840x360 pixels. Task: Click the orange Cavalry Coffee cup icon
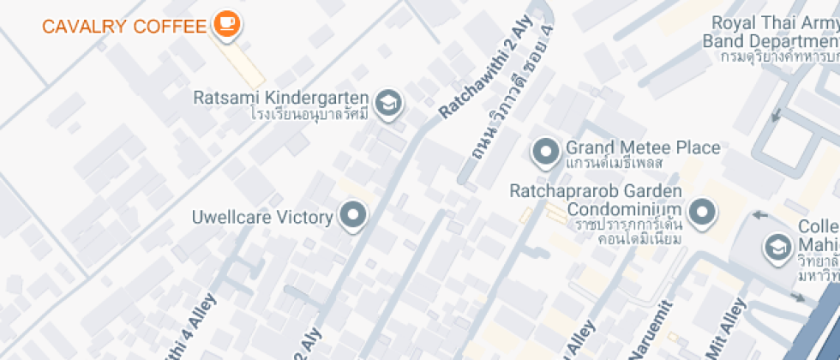tap(226, 21)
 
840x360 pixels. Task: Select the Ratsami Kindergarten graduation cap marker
tap(390, 102)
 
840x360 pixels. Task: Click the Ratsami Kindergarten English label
tap(282, 98)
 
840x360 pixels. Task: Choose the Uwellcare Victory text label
tap(262, 217)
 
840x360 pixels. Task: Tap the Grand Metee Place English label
tap(643, 147)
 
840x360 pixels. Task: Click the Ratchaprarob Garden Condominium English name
tap(596, 200)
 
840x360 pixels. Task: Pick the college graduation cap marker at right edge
tap(777, 247)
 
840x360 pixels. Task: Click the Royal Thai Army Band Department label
tap(771, 33)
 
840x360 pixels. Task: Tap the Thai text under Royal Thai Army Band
tap(778, 57)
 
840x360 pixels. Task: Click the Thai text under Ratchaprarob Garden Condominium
tap(627, 231)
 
